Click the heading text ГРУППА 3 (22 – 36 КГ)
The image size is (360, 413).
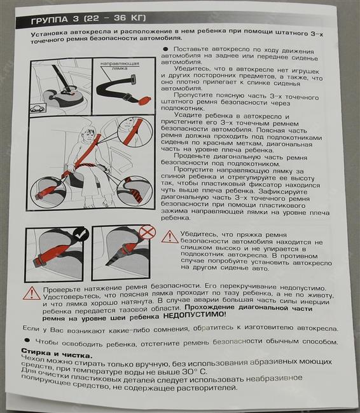point(88,19)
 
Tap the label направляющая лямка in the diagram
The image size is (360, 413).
point(120,66)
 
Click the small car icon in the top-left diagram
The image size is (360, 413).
point(38,108)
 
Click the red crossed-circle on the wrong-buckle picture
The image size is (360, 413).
point(147,232)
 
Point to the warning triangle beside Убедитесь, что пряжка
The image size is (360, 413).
point(170,236)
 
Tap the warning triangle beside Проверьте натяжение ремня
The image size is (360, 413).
point(31,293)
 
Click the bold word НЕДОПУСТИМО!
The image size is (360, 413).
point(195,315)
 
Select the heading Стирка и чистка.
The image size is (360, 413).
point(57,353)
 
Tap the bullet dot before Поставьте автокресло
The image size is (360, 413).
point(165,49)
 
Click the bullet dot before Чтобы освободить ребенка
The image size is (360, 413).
point(27,340)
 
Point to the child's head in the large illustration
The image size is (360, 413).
point(88,134)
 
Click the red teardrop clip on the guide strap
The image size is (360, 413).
point(144,101)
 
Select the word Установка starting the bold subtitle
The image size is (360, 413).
point(49,34)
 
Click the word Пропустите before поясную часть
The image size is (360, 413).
point(191,95)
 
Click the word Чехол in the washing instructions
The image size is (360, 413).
point(34,359)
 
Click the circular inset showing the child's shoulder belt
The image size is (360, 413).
point(135,131)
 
